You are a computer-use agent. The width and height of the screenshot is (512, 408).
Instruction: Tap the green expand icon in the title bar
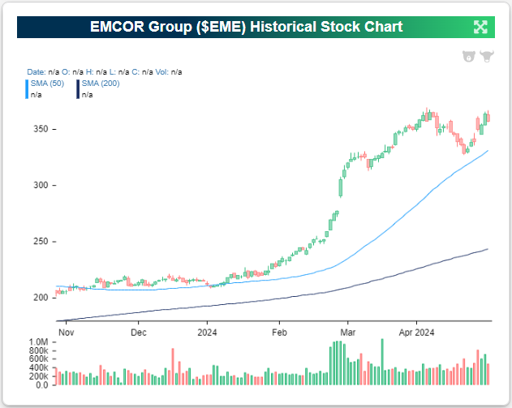(480, 27)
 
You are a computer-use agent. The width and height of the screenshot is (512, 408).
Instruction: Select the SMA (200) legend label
(98, 84)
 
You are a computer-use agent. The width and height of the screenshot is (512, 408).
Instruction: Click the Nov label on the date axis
(67, 332)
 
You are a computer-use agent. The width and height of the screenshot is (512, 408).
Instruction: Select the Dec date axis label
(138, 332)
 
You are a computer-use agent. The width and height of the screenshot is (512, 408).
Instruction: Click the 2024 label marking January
(207, 332)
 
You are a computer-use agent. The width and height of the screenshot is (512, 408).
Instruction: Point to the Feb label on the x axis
(280, 332)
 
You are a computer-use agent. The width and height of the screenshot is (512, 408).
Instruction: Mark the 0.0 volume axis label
(42, 384)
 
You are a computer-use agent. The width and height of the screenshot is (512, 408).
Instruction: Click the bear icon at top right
(468, 57)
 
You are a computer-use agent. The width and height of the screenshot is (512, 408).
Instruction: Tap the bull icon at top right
(487, 57)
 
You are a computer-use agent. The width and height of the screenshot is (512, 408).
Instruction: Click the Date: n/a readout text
(41, 72)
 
